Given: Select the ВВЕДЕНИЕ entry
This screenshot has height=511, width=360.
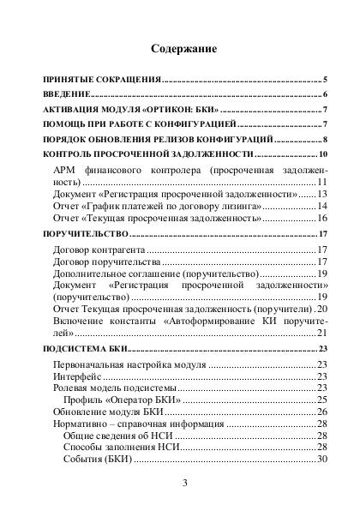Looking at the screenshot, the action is pos(66,94).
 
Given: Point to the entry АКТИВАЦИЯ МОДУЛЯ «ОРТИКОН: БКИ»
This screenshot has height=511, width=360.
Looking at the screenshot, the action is pos(130,112).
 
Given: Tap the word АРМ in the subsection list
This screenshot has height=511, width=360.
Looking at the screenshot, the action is pos(64,172).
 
